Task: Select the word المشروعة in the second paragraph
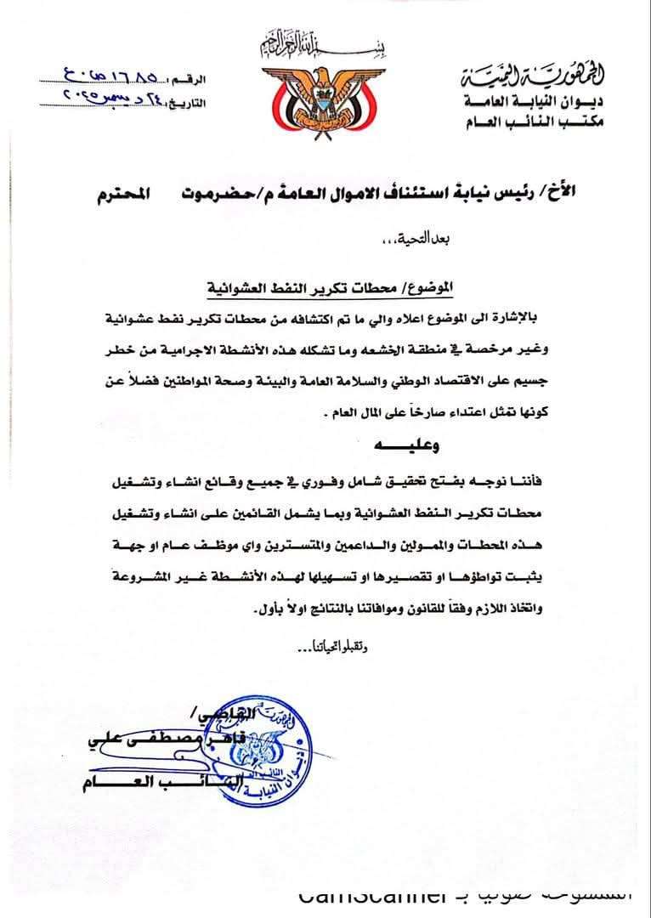pyautogui.click(x=111, y=580)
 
